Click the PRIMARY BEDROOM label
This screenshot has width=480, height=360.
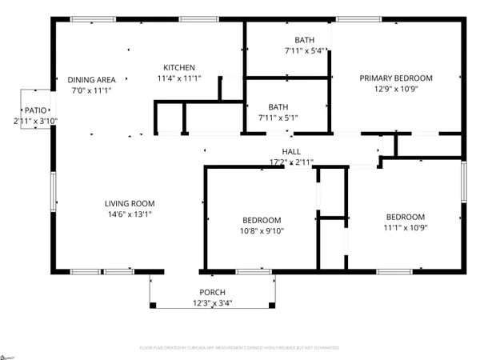pos(396,78)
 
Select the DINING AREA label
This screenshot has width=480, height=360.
pos(93,79)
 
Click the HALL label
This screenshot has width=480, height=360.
pos(291,151)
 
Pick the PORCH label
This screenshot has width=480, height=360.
pos(212,292)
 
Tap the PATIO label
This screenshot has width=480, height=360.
pos(34,110)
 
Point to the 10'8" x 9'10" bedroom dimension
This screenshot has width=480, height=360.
pos(262,231)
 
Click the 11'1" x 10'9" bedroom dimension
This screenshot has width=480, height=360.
pos(406,228)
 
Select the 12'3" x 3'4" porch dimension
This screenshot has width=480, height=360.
pos(212,302)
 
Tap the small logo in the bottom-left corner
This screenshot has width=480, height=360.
pos(7,354)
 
